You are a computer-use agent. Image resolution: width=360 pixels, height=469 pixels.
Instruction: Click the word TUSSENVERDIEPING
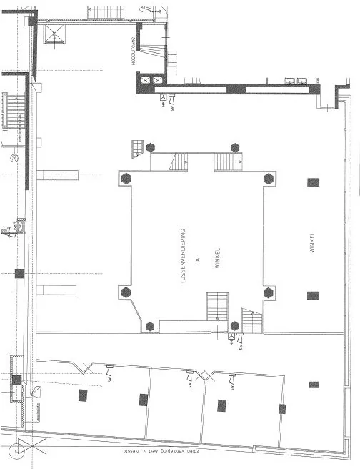(x=184, y=257)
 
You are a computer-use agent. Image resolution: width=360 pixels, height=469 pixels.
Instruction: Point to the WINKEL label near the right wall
(x=312, y=242)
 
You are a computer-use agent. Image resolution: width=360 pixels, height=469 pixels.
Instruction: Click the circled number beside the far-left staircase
(x=14, y=157)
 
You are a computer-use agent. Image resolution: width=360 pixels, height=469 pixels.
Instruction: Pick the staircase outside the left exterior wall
(x=14, y=112)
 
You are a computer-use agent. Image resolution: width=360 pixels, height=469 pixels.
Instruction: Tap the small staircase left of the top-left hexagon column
(x=137, y=149)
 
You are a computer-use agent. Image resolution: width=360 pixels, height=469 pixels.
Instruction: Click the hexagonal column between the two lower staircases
(x=235, y=326)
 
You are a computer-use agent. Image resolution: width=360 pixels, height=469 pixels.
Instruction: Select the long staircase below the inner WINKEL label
(x=218, y=307)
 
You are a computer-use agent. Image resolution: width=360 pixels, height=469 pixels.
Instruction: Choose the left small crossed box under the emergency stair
(x=146, y=80)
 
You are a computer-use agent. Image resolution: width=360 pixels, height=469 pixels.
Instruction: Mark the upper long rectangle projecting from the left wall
(x=57, y=175)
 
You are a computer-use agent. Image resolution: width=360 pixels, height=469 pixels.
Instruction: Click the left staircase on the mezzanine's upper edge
(x=178, y=162)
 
